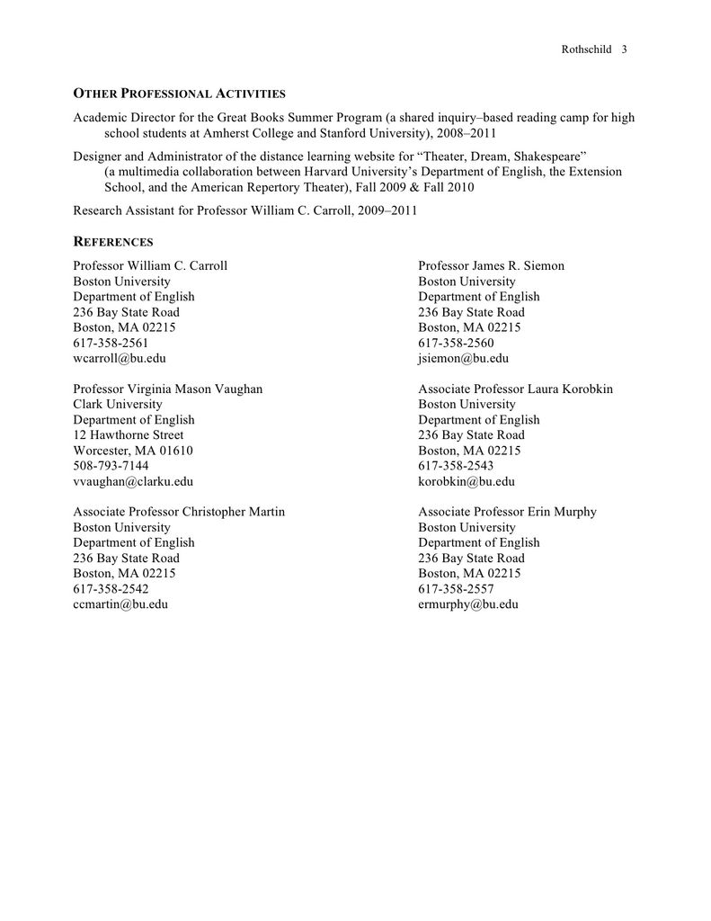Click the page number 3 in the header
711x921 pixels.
coord(624,49)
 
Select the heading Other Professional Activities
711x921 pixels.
coord(179,94)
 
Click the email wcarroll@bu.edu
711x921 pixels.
coord(120,358)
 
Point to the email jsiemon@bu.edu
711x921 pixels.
coord(463,358)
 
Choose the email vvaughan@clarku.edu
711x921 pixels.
coord(133,481)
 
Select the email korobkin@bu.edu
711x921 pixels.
coord(467,481)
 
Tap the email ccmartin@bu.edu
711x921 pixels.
coord(120,604)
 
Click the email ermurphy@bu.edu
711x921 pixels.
coord(468,604)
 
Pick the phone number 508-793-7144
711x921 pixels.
coord(111,466)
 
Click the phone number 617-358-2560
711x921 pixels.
coord(456,343)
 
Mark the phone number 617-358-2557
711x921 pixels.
coord(456,589)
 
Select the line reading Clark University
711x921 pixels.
coord(118,405)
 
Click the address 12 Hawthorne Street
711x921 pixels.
coord(129,435)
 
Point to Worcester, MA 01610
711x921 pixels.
coord(133,451)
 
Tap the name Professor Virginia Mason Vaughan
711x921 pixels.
coord(168,389)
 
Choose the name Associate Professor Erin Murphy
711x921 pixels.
coord(507,512)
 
